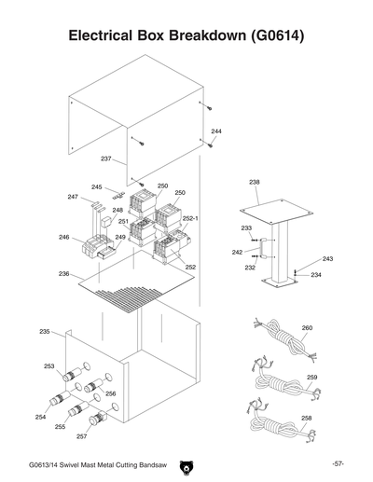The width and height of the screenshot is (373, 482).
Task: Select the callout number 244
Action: tap(216, 132)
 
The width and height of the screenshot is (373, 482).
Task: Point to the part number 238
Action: tap(255, 180)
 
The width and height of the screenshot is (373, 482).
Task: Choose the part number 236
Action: tap(64, 274)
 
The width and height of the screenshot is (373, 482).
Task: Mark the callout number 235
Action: tap(45, 332)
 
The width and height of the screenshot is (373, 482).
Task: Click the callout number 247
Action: tap(73, 198)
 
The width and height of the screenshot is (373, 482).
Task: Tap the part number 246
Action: tap(64, 237)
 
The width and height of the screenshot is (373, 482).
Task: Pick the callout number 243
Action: tap(327, 258)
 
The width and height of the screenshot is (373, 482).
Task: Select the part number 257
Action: tap(81, 436)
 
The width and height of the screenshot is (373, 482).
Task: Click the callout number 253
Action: tap(48, 366)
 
